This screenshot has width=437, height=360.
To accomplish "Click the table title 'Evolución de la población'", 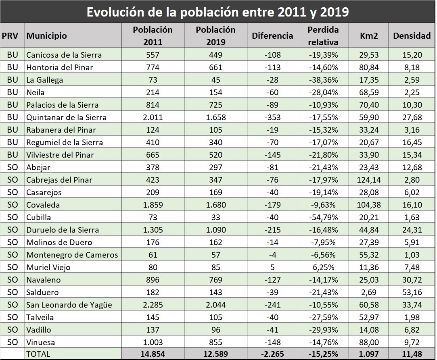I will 218,12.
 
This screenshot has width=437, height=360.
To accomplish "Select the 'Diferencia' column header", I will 272,36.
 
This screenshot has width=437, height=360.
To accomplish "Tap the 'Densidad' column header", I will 412,36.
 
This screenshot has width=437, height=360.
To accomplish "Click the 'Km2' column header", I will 368,36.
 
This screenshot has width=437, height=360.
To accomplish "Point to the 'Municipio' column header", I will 47,36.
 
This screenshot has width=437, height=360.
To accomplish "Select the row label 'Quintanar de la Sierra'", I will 67,117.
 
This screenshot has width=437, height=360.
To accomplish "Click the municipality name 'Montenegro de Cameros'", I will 72,254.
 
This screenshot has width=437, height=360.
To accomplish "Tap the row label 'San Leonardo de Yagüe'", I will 69,304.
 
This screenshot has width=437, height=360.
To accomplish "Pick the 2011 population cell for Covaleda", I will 153,204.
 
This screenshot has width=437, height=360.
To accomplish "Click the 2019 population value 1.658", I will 215,117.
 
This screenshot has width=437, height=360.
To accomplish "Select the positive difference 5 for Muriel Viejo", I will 272,267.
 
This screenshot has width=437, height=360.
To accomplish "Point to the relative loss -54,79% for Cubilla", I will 323,217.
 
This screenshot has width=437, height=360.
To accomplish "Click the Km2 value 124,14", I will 368,179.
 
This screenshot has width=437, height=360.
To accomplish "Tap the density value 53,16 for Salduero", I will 412,292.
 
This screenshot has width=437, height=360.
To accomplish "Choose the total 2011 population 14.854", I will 153,354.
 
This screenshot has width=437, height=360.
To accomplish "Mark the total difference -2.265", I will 272,354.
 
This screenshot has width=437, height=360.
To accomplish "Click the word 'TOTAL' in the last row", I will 38,354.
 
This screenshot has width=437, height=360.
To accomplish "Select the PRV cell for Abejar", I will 13,167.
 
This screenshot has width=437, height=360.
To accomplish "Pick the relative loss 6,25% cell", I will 323,267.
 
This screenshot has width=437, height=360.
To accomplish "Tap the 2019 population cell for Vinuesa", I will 215,342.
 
